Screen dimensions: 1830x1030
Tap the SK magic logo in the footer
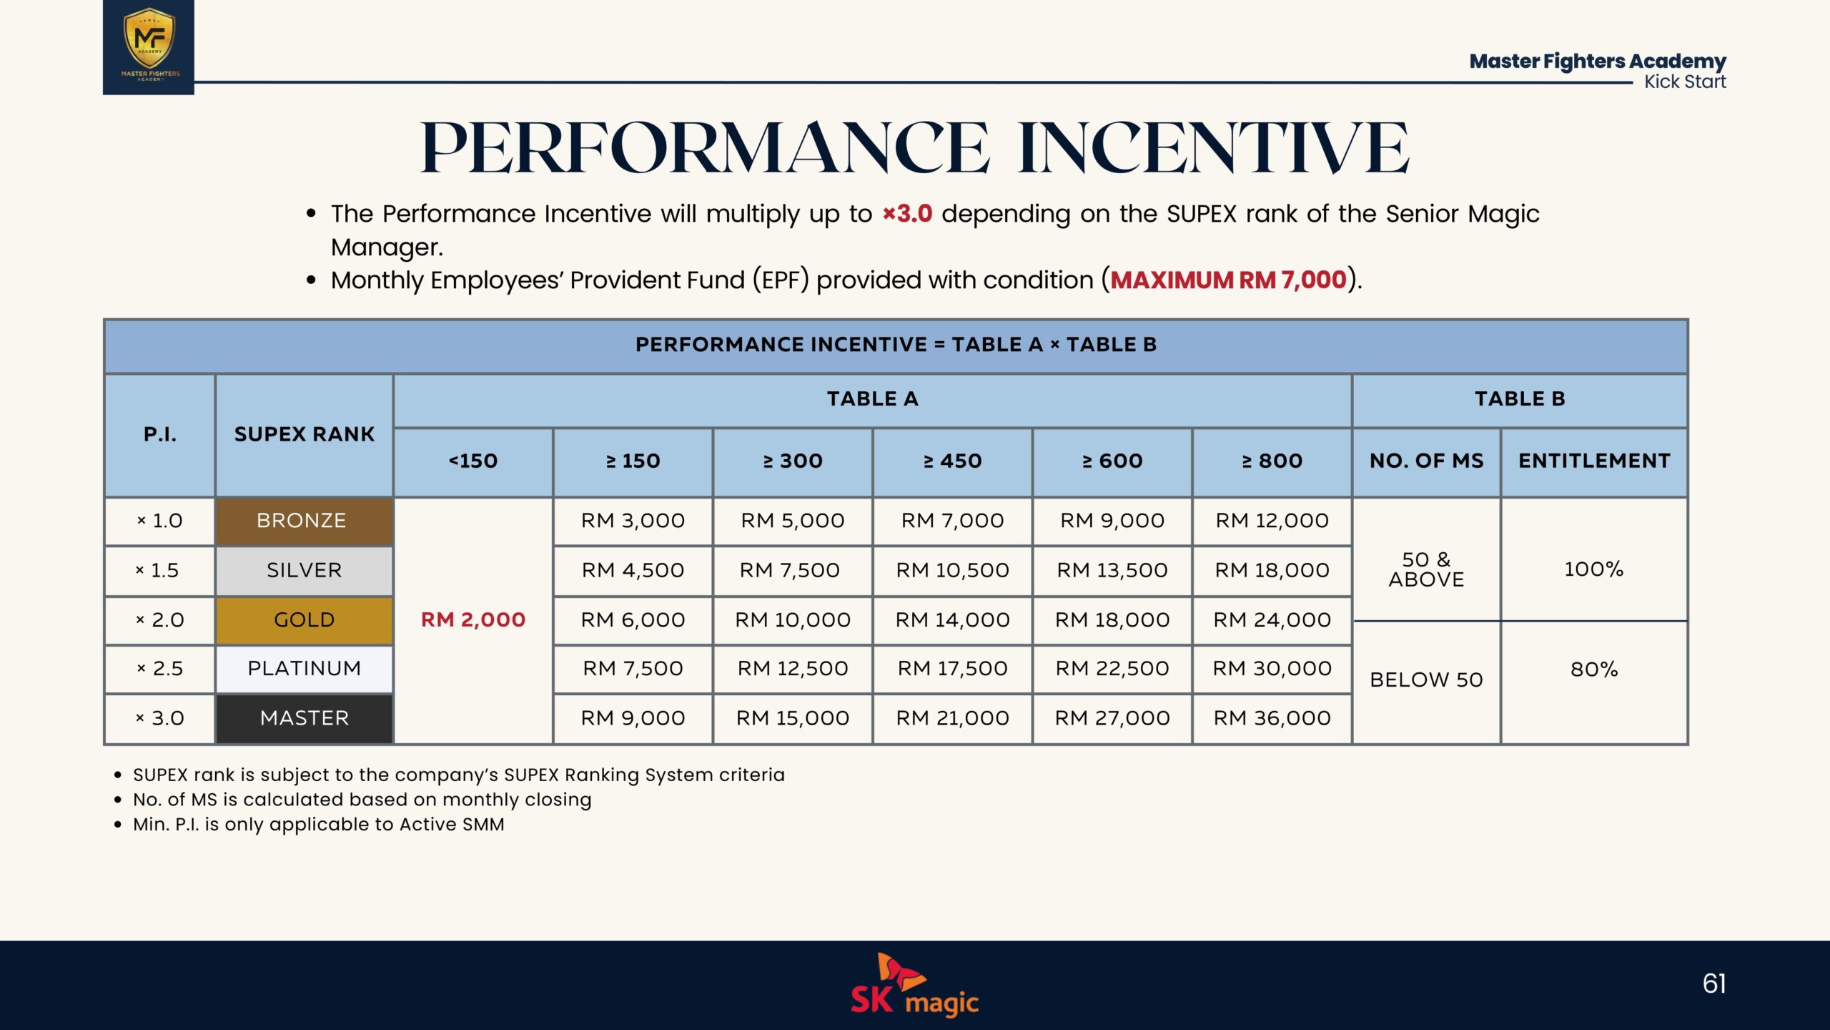click(x=914, y=985)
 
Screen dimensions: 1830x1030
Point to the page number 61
click(x=1714, y=984)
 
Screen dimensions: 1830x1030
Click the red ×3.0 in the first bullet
click(x=907, y=213)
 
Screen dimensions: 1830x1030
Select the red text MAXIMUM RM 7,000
click(x=1228, y=280)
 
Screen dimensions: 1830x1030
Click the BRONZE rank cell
click(x=304, y=521)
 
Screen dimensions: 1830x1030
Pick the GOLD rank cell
click(x=304, y=620)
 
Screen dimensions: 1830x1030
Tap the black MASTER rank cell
click(x=304, y=718)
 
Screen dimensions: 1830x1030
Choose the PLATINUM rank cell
click(x=304, y=669)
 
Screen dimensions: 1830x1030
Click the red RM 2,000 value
click(x=473, y=619)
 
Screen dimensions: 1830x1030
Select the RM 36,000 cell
click(x=1272, y=718)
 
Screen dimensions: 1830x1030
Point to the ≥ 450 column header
click(x=952, y=461)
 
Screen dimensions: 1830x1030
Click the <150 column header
click(x=473, y=461)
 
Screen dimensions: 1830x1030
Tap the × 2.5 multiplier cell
click(x=160, y=669)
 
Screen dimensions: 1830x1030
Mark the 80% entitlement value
click(x=1593, y=669)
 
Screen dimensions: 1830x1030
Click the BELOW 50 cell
click(x=1426, y=680)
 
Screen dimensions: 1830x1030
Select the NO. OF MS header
click(x=1426, y=461)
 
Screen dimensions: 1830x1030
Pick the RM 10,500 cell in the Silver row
click(x=952, y=570)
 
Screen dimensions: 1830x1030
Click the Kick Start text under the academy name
click(x=1685, y=82)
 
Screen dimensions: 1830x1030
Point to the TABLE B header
click(x=1520, y=399)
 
